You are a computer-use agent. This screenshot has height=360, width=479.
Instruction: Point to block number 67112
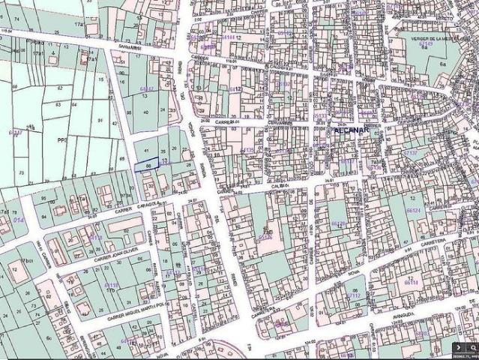(x=352, y=295)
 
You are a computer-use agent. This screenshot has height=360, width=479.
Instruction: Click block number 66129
(x=339, y=223)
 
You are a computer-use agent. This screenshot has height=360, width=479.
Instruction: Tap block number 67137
(x=411, y=153)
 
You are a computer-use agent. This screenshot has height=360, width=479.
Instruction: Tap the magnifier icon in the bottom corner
(x=472, y=348)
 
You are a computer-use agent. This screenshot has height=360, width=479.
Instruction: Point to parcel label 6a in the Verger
(x=442, y=67)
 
